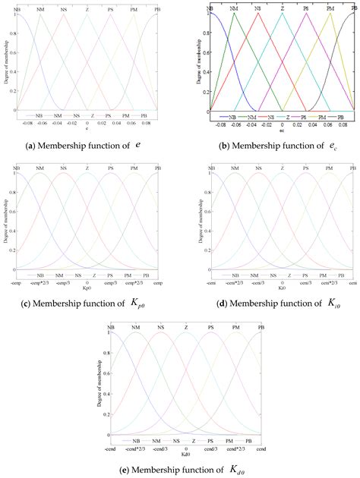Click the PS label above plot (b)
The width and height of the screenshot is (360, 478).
pyautogui.click(x=306, y=8)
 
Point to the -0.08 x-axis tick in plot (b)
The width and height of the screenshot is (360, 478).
pyautogui.click(x=220, y=121)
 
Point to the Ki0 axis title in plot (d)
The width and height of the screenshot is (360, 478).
pyautogui.click(x=283, y=281)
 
